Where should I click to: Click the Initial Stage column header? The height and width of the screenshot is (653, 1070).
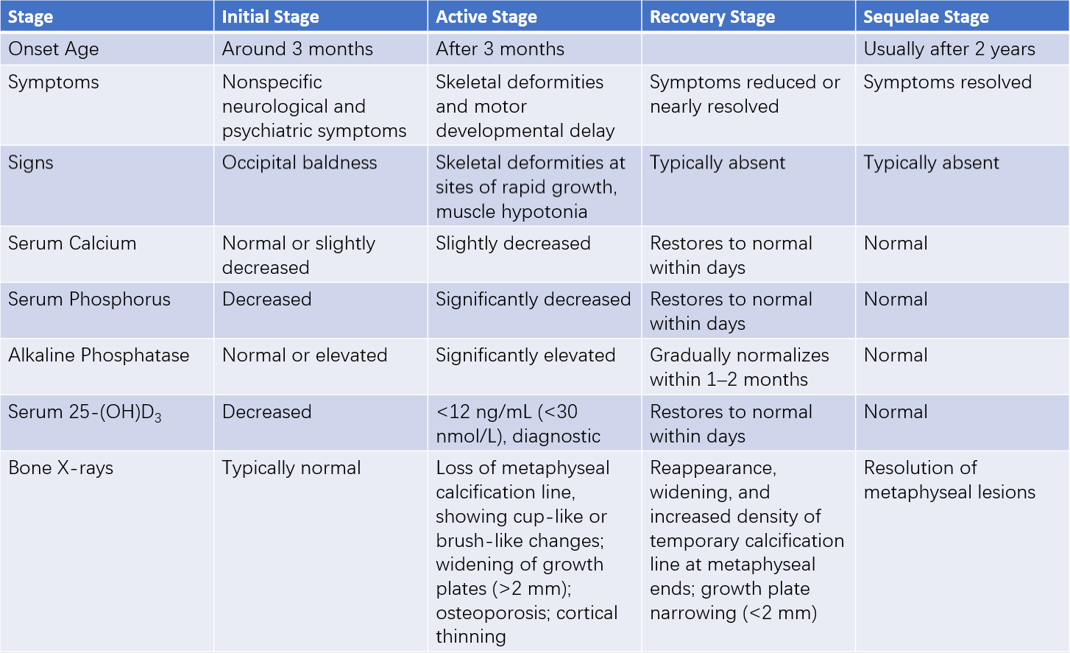coord(270,17)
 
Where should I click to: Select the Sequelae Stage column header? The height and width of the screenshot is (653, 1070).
coord(926,17)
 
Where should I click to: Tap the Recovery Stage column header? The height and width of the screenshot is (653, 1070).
coord(712,17)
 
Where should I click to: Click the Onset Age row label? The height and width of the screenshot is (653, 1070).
coord(54,49)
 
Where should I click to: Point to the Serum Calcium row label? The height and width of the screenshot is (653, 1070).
coord(72,244)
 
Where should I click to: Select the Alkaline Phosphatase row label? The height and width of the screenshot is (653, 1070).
coord(99,355)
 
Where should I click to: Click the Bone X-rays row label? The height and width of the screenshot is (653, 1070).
coord(60,467)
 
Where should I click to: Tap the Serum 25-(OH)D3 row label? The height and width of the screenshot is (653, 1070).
coord(85,412)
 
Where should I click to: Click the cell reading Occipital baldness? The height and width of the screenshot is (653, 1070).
coord(300,163)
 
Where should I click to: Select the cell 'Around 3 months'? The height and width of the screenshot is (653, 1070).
coord(297,49)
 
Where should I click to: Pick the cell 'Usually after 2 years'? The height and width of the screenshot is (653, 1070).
coord(949,49)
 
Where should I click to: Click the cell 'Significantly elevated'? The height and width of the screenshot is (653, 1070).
coord(525,356)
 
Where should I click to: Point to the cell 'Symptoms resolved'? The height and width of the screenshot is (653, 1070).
coord(948,82)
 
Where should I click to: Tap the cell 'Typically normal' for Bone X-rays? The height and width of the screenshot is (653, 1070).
coord(291,468)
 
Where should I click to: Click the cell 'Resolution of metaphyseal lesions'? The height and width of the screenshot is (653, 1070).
coord(949,480)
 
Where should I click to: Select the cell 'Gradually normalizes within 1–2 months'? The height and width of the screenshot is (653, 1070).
coord(740,367)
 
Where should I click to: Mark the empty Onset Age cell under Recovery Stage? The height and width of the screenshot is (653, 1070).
coord(748,49)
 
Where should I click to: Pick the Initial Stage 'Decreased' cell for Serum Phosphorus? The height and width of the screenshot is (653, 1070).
coord(266,299)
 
